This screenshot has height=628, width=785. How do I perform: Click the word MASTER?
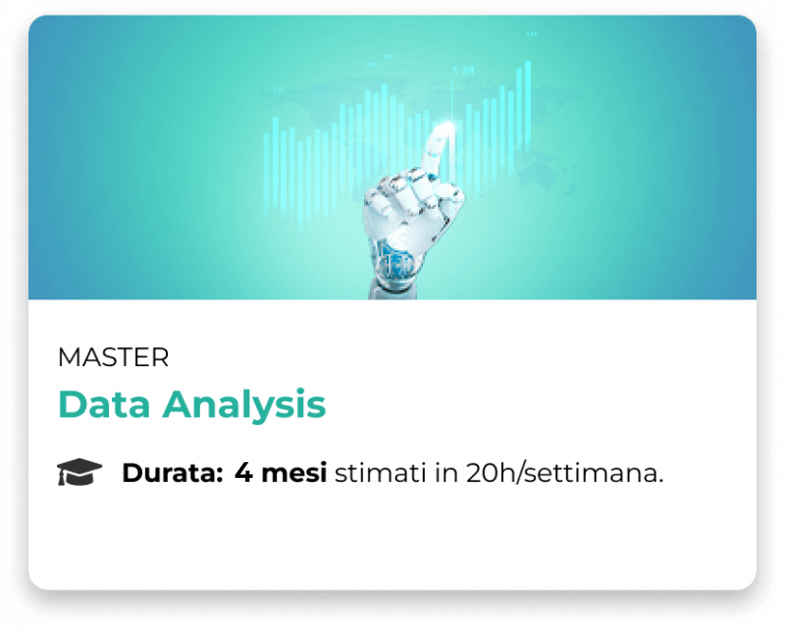point(113,357)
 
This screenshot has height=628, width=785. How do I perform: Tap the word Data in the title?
point(104,403)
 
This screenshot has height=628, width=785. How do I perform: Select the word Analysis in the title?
point(243,405)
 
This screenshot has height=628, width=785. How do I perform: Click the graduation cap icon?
point(79,472)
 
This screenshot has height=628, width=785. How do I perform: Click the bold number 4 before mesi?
point(243,472)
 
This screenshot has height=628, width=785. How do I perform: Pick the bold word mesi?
point(294,472)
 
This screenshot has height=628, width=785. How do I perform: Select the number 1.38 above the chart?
point(463,71)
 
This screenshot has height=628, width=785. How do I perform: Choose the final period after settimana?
point(660,480)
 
